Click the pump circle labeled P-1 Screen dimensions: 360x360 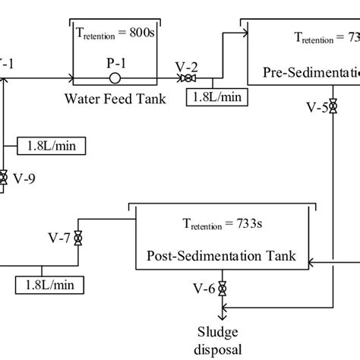pyautogui.click(x=114, y=77)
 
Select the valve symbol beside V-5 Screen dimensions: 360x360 pyautogui.click(x=333, y=109)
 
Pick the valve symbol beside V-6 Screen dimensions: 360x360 pyautogui.click(x=222, y=289)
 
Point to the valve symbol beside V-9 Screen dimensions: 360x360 pyautogui.click(x=4, y=178)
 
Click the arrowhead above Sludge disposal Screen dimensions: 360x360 pyautogui.click(x=222, y=317)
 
